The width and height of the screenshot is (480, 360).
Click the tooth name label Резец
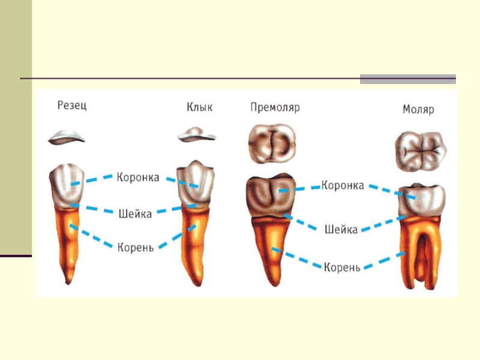pyautogui.click(x=71, y=106)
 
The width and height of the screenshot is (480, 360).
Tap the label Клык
pyautogui.click(x=199, y=108)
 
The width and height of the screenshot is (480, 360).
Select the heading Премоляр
pyautogui.click(x=275, y=108)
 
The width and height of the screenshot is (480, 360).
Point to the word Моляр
pyautogui.click(x=418, y=110)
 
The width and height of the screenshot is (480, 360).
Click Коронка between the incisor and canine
pyautogui.click(x=138, y=177)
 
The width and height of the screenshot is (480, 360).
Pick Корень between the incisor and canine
pyautogui.click(x=136, y=247)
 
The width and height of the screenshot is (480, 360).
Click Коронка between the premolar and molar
pyautogui.click(x=343, y=185)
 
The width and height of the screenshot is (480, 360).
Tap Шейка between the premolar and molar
pyautogui.click(x=341, y=229)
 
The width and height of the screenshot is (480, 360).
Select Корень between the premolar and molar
pyautogui.click(x=342, y=266)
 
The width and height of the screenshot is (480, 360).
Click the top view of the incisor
pyautogui.click(x=68, y=137)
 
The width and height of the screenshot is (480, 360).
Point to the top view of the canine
pyautogui.click(x=196, y=136)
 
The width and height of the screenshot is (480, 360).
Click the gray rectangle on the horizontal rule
pyautogui.click(x=407, y=79)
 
